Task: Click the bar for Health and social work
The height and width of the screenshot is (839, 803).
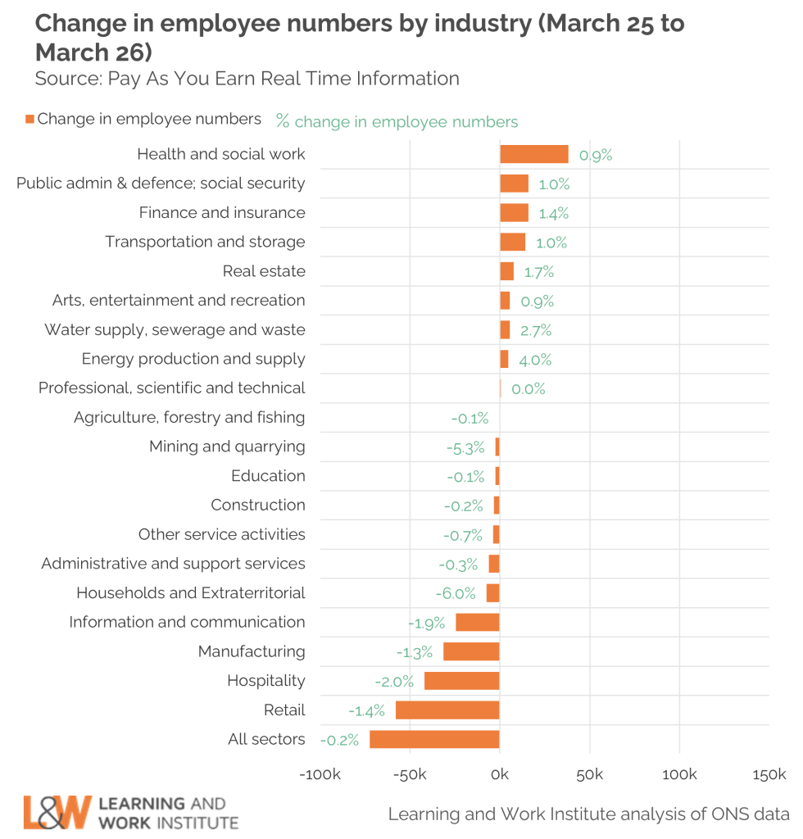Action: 533,154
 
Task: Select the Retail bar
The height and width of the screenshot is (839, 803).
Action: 447,710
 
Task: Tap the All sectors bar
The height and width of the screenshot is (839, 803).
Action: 434,739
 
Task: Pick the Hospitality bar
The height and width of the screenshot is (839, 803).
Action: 461,681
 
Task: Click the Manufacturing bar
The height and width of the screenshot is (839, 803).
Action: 471,651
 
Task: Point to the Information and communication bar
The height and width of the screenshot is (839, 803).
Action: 477,622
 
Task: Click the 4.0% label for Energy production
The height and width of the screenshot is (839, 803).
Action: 535,360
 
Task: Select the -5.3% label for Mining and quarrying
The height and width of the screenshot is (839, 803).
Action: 465,448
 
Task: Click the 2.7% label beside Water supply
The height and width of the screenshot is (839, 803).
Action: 536,331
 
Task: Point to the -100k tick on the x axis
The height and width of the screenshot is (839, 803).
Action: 320,775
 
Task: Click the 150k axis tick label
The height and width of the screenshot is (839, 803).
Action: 769,775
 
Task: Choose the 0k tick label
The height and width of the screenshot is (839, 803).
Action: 499,775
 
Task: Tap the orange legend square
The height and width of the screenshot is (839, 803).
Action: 29,120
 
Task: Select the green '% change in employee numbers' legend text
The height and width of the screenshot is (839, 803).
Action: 397,122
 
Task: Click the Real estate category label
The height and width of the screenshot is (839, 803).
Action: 264,271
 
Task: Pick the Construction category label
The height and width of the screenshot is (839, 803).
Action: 258,505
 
